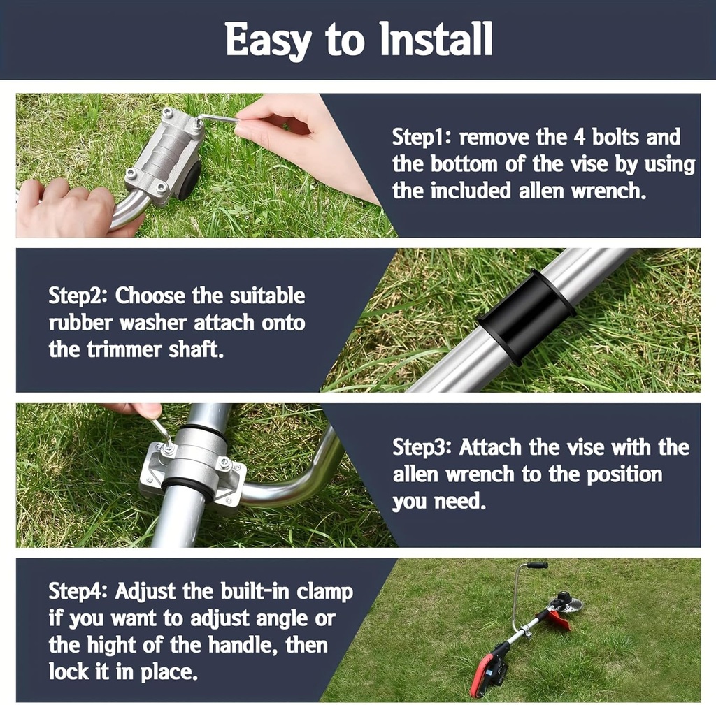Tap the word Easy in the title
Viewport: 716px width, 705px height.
click(268, 40)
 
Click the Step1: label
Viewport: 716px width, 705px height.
click(422, 137)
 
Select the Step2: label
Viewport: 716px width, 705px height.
click(78, 296)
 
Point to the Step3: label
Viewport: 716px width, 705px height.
click(422, 447)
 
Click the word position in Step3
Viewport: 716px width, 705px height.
click(624, 474)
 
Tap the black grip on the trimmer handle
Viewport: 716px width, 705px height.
click(537, 565)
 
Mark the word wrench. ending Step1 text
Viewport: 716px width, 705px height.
click(606, 191)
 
